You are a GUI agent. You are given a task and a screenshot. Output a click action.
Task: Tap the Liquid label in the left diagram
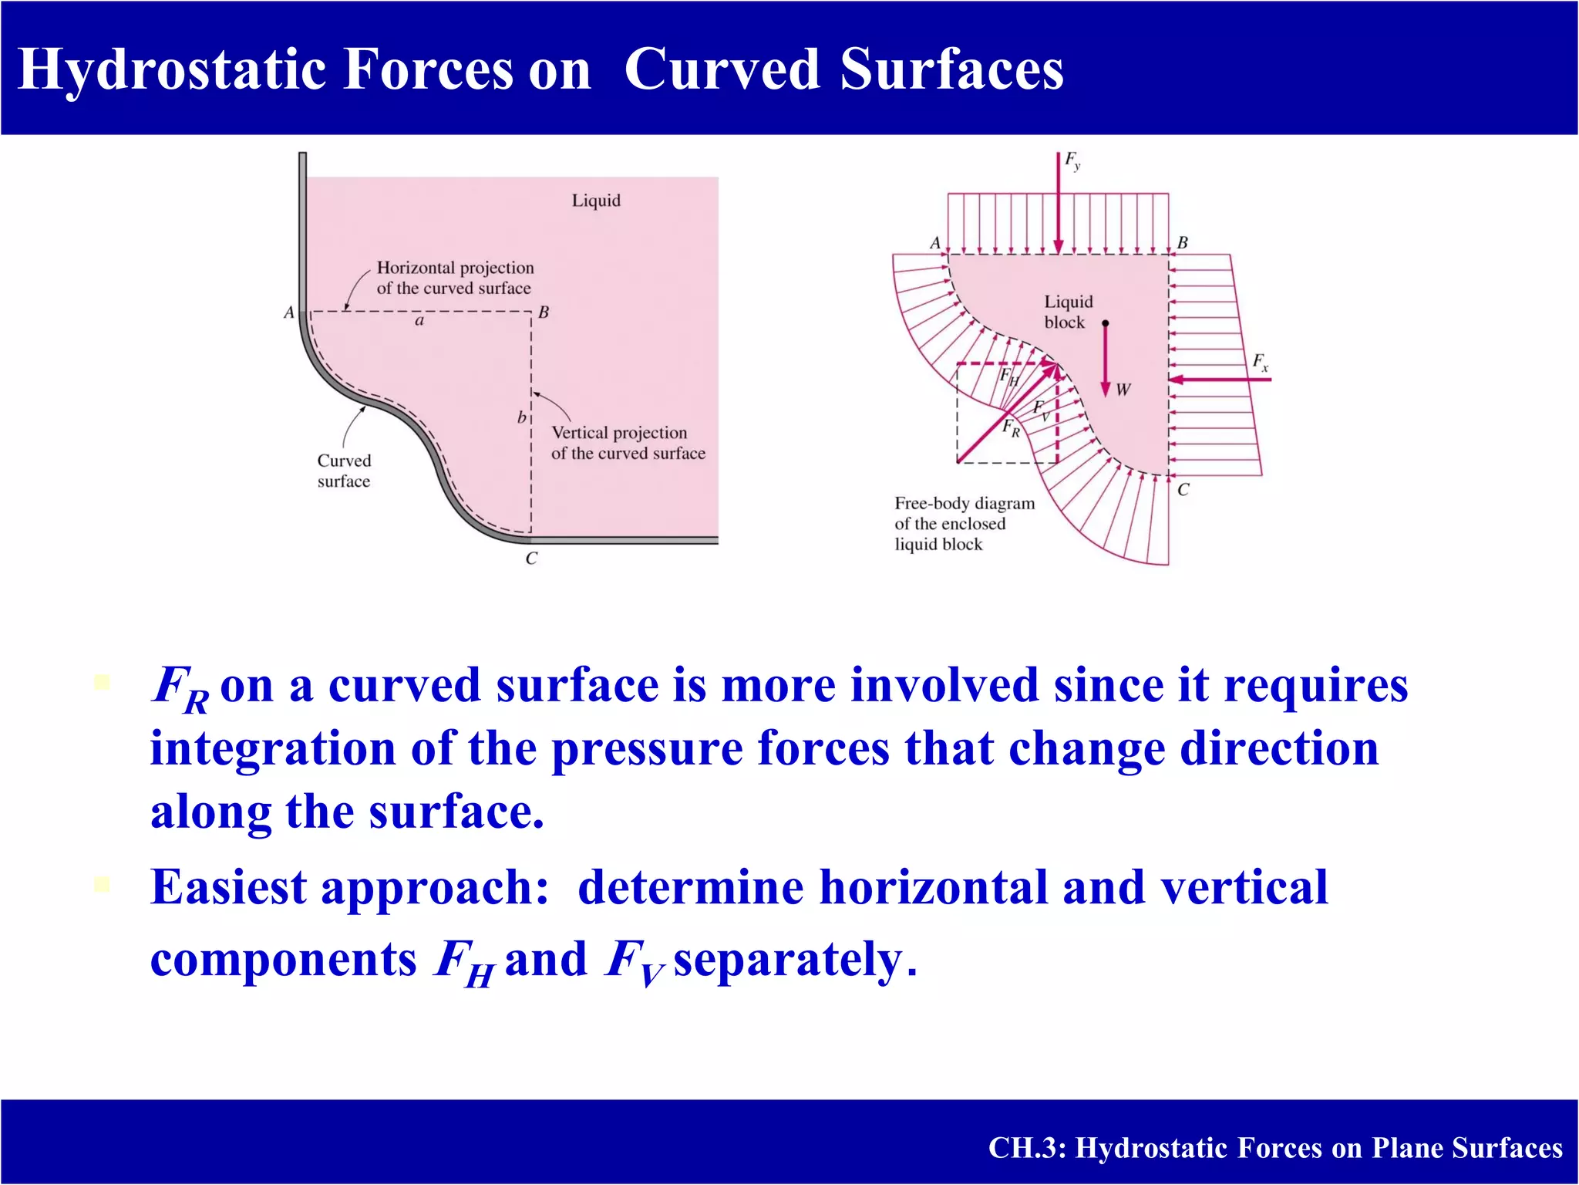click(x=596, y=201)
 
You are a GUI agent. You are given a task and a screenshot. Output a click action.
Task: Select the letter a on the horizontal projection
click(x=419, y=321)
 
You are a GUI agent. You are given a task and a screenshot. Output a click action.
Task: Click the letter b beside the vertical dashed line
click(x=521, y=417)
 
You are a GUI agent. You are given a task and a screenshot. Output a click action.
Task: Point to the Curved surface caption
click(x=344, y=471)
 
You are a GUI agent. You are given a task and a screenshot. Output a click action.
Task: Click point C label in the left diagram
click(x=531, y=559)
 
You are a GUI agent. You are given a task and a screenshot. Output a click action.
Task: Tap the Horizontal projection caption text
click(x=455, y=278)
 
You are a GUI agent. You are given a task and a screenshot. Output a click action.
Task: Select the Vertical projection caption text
click(x=628, y=443)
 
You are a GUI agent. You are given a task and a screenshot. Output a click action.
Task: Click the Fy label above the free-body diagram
click(x=1072, y=160)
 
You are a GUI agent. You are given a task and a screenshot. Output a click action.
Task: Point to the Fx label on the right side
click(x=1260, y=362)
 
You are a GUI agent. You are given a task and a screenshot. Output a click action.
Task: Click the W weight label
click(x=1123, y=390)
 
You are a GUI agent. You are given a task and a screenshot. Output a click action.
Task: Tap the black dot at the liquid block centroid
click(x=1105, y=323)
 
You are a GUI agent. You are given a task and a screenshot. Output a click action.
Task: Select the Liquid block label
click(x=1068, y=312)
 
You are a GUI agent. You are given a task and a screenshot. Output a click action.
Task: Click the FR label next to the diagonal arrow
click(x=1011, y=428)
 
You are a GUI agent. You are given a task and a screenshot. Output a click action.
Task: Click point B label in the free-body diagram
click(x=1183, y=243)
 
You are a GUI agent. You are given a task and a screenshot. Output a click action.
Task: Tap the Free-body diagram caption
click(x=964, y=524)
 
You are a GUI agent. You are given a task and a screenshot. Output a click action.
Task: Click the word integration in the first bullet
click(x=273, y=749)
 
